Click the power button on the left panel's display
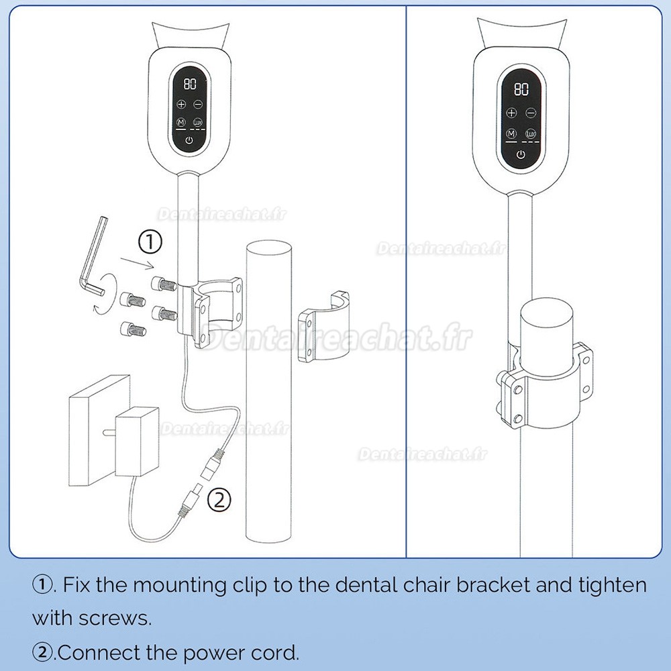pyautogui.click(x=189, y=140)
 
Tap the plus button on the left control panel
pyautogui.click(x=180, y=105)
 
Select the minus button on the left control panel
pyautogui.click(x=198, y=105)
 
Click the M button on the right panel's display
pyautogui.click(x=512, y=134)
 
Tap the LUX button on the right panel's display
pyautogui.click(x=531, y=134)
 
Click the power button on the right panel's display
pyautogui.click(x=521, y=155)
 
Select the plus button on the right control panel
pyautogui.click(x=512, y=113)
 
